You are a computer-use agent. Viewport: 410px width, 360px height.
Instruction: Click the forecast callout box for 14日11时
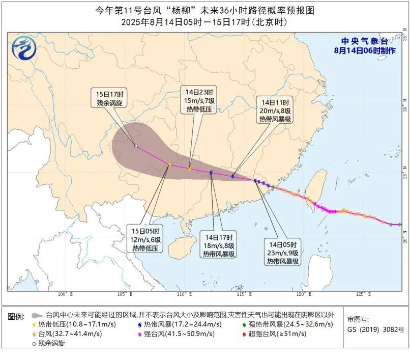point(275,110)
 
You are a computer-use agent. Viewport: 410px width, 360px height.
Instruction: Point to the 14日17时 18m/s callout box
point(220,245)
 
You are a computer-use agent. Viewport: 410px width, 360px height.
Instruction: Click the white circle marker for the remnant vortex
point(136,147)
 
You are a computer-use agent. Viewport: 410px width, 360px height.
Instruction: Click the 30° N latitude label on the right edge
point(405,108)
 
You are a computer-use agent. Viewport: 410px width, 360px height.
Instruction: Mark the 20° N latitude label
point(405,239)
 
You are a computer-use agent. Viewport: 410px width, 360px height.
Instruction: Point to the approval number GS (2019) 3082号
point(375,329)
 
